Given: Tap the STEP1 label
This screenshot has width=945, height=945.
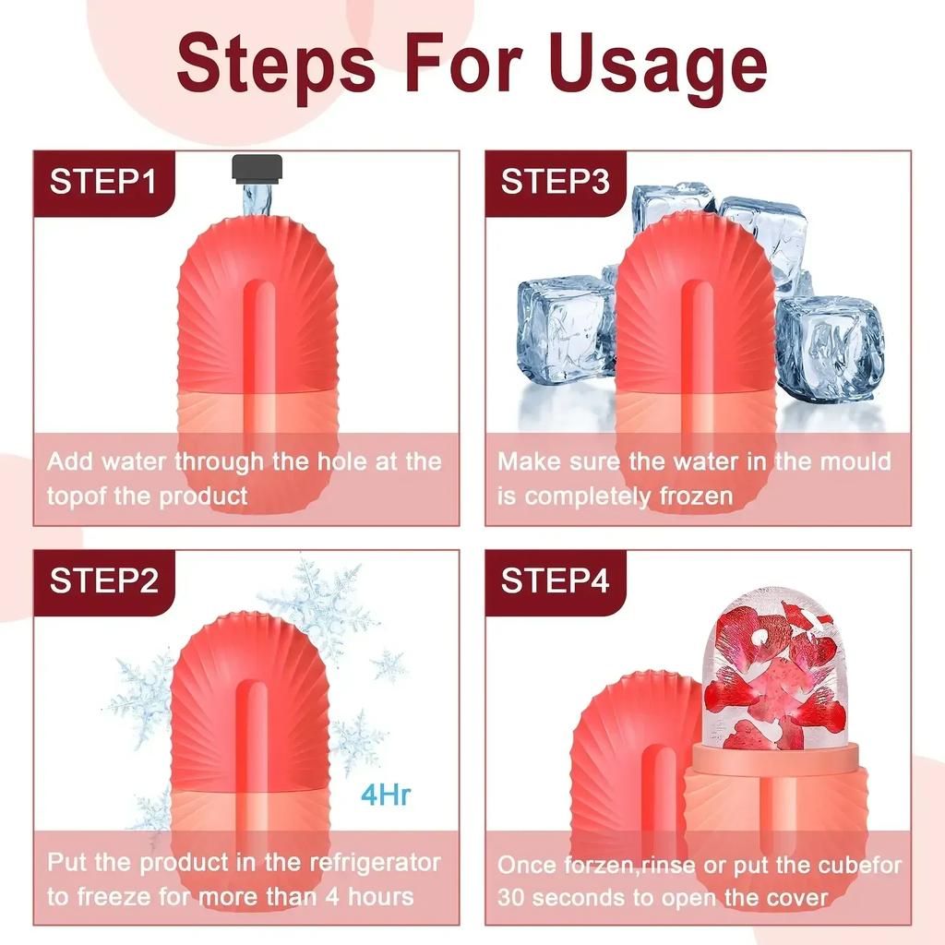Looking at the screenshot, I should coord(102,182).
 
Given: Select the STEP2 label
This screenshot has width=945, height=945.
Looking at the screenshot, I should coord(102,582).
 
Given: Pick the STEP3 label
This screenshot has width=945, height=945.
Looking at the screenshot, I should coord(555,182).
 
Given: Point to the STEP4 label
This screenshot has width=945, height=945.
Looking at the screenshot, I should coord(555,582).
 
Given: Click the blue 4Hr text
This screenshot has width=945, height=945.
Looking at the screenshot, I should coord(384,795).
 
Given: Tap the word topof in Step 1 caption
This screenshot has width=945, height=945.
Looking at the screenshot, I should coord(78,496).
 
